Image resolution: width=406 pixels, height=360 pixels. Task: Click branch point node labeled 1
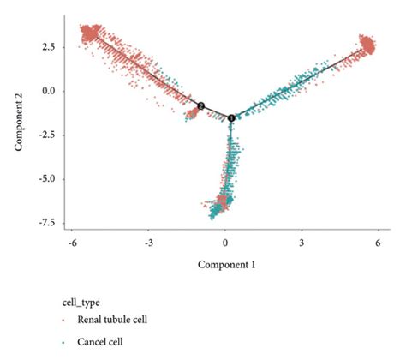coord(231,117)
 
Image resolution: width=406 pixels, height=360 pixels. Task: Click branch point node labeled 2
coord(200,105)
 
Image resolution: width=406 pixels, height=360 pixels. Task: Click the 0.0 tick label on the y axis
coord(50,90)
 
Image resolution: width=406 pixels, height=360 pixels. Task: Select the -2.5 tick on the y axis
coord(48,135)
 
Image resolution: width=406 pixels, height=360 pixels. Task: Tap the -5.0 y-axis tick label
coord(48,179)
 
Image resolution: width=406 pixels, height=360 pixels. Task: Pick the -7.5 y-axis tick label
coord(48,223)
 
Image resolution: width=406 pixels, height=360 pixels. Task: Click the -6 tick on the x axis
coord(73,243)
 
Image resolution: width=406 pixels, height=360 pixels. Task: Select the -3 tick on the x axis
coord(148,243)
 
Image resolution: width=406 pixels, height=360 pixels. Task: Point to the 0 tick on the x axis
coord(225,243)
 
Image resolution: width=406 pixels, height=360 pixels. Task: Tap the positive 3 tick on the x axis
coord(302,243)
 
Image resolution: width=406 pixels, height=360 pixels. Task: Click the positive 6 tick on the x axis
coord(378,243)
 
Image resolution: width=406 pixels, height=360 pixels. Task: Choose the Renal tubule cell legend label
coord(111,321)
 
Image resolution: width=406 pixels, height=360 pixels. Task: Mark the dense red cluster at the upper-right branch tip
coord(369,44)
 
